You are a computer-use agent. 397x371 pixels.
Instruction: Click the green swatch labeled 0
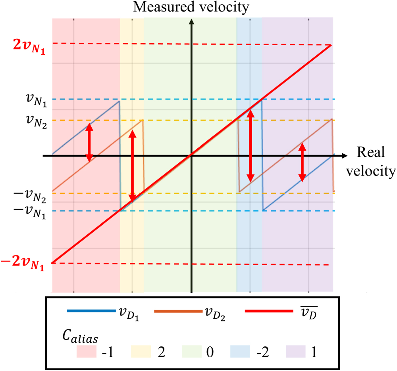coord(195,351)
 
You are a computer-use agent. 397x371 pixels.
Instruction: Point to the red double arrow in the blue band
coord(250,145)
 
